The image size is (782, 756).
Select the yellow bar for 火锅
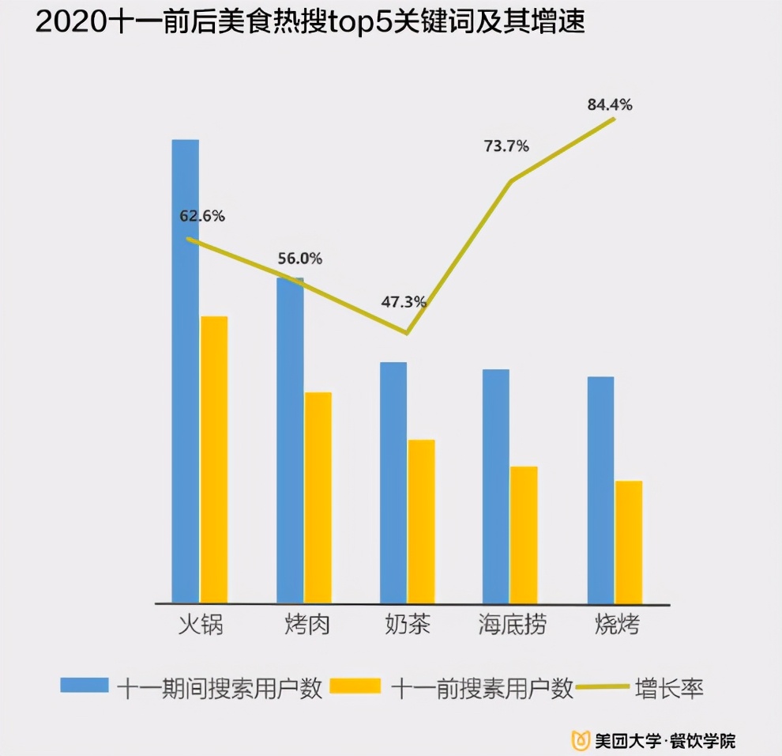point(214,459)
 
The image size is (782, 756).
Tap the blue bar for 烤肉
point(290,440)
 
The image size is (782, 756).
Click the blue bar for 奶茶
point(393,482)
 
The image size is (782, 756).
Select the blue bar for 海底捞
point(496,486)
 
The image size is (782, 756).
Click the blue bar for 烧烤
point(601,490)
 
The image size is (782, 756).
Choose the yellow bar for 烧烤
point(629,541)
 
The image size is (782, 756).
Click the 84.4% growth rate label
point(610,104)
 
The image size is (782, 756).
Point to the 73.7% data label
point(506,146)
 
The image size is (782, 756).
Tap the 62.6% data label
point(203,215)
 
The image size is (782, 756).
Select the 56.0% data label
point(300,259)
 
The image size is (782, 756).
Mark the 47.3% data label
point(404,301)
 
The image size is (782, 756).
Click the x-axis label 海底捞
point(512,625)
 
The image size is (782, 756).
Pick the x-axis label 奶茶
point(408,625)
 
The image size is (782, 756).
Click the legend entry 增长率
point(669,688)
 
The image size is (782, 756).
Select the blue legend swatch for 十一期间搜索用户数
point(85,686)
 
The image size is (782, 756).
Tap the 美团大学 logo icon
point(581,740)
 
